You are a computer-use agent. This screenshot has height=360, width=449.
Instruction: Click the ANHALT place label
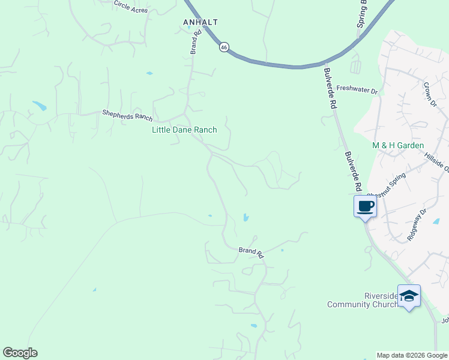click(200, 22)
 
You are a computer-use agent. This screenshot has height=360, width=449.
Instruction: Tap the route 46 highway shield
click(223, 47)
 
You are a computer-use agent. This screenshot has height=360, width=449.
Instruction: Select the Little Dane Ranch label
click(184, 130)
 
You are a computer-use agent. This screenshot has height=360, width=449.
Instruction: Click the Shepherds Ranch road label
click(127, 114)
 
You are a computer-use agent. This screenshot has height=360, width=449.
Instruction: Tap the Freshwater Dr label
click(357, 89)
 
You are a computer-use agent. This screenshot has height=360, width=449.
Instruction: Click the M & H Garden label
click(398, 145)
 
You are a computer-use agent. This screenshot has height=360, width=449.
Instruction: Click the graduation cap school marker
click(409, 296)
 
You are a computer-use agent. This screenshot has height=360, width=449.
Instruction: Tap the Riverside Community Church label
click(363, 300)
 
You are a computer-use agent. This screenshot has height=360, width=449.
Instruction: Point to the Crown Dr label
click(430, 94)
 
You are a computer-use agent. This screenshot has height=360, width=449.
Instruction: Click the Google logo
click(20, 353)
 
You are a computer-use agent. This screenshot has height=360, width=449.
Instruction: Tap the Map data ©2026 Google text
click(412, 355)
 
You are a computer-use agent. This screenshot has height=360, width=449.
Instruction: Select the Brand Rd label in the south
click(251, 252)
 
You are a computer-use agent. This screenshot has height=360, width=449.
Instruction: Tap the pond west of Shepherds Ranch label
click(39, 106)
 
